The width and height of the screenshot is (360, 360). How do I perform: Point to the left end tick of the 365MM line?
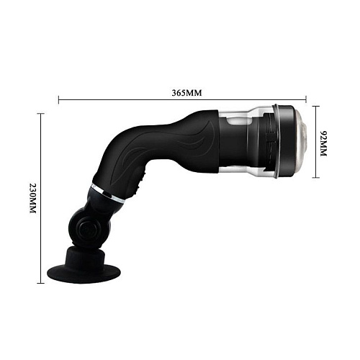(x=58, y=99)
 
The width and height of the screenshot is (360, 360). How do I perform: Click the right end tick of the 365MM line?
(x=307, y=99)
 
